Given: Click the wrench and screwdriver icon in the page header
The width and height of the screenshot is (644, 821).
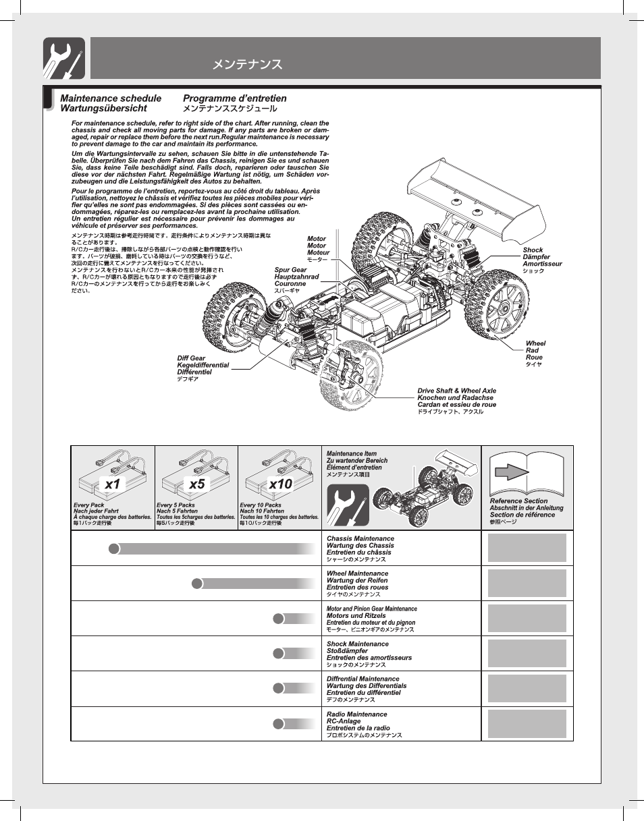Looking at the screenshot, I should click(64, 58).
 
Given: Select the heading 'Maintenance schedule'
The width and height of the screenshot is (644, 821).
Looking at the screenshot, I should click(111, 98).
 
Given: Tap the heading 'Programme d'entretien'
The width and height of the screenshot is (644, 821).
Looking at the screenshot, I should click(234, 98).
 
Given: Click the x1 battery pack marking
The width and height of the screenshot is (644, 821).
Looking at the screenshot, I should click(113, 484).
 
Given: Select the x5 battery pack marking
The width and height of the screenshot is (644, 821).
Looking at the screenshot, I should click(196, 484).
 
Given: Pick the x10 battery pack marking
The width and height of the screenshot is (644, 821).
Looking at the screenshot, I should click(280, 484).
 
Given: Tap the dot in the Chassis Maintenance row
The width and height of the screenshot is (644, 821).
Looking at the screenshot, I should click(114, 548).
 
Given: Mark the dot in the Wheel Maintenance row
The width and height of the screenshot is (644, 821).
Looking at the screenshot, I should click(196, 584).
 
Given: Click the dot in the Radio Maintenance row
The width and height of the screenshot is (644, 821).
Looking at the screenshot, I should click(278, 724).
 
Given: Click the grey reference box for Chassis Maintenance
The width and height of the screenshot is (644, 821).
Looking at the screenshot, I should click(527, 548).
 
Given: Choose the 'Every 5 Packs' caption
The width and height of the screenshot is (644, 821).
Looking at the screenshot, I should click(176, 505).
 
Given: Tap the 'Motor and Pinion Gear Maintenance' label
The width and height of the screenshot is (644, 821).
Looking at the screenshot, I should click(371, 608).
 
